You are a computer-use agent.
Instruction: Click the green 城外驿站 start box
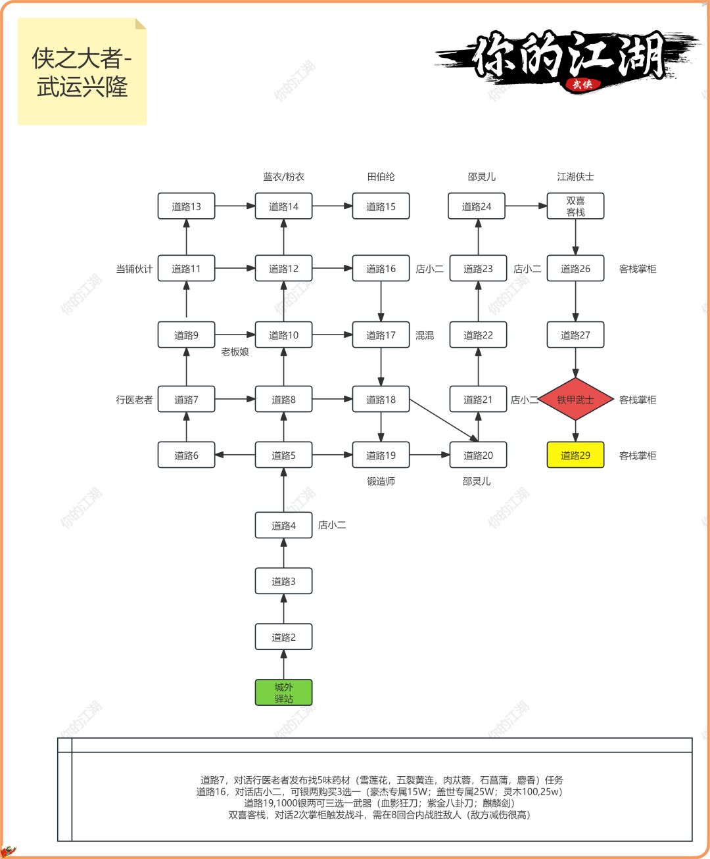pyautogui.click(x=283, y=693)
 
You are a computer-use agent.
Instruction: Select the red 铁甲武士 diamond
pyautogui.click(x=575, y=400)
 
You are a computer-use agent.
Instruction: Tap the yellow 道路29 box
pyautogui.click(x=575, y=455)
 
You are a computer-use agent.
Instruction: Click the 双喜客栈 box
pyautogui.click(x=575, y=206)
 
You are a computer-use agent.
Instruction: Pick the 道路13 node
pyautogui.click(x=186, y=206)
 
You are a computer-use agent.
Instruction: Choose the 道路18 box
pyautogui.click(x=381, y=400)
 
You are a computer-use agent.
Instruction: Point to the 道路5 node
pyautogui.click(x=283, y=455)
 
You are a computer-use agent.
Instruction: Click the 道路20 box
pyautogui.click(x=478, y=455)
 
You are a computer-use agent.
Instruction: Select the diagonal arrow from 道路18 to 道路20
pyautogui.click(x=444, y=420)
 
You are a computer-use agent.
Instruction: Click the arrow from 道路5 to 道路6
pyautogui.click(x=235, y=455)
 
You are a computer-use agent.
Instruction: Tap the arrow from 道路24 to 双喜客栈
pyautogui.click(x=527, y=206)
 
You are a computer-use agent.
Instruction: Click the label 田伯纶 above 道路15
pyautogui.click(x=381, y=177)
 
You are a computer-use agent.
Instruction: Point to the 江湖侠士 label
pyautogui.click(x=575, y=177)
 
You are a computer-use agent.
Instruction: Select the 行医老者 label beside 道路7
pyautogui.click(x=135, y=400)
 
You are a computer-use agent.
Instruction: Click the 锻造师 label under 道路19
pyautogui.click(x=381, y=481)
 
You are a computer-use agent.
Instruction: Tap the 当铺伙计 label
pyautogui.click(x=134, y=269)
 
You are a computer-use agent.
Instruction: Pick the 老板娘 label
pyautogui.click(x=235, y=352)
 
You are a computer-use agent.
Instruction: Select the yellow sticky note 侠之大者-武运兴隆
pyautogui.click(x=82, y=72)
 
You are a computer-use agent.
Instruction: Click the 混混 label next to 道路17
pyautogui.click(x=425, y=335)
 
